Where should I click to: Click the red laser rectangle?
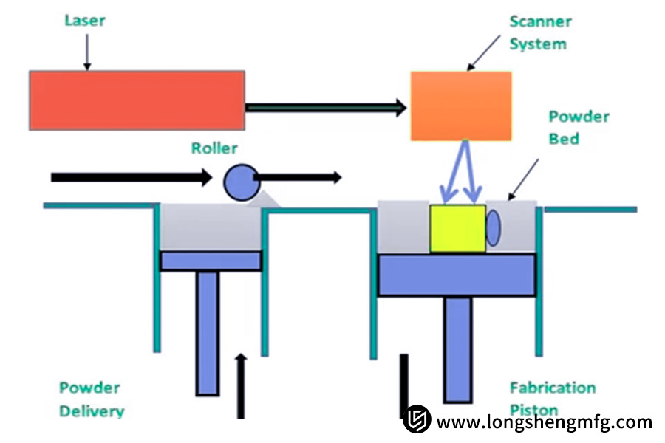137,100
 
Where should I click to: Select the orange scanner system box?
461,106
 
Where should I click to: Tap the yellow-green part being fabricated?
457,228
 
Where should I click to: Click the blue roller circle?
239,182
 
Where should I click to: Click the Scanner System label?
538,33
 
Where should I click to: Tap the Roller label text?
214,148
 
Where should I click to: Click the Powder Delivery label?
91,399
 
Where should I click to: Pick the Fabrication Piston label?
552,398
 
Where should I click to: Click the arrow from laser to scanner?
325,108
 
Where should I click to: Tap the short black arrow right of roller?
299,177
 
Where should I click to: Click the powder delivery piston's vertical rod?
208,332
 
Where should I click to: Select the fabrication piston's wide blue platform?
457,275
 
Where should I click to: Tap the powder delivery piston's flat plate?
211,261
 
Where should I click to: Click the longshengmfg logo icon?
417,420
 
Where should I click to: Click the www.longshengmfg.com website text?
544,422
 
